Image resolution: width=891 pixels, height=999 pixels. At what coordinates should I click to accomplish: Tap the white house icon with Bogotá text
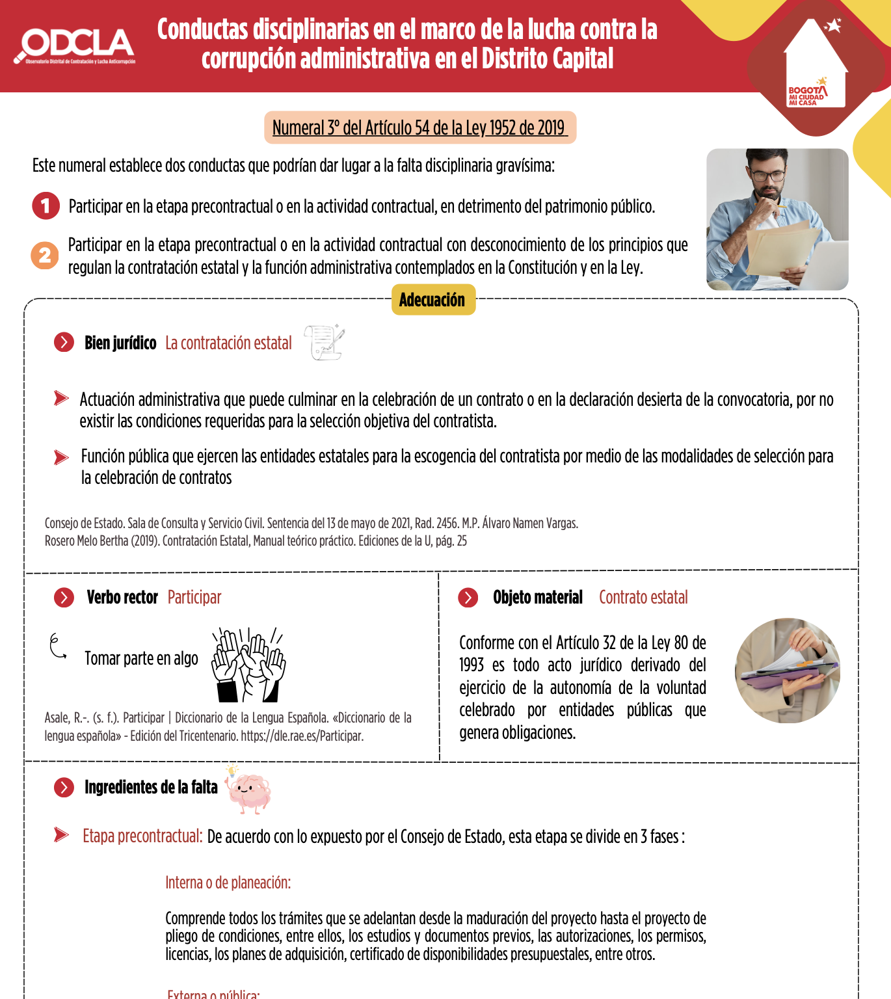[x=815, y=65]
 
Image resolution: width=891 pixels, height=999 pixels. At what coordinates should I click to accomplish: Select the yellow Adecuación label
[x=432, y=300]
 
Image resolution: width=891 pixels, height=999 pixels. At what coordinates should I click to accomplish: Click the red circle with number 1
[x=46, y=206]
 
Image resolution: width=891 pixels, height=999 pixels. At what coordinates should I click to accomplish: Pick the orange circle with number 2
[x=45, y=255]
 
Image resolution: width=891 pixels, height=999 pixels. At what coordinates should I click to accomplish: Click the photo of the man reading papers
[x=777, y=219]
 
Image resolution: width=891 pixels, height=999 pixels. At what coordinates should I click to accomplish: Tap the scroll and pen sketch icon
[x=325, y=342]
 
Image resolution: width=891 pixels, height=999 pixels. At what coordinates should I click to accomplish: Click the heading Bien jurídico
[x=120, y=343]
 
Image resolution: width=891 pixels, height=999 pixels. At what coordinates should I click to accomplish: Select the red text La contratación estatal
[x=228, y=343]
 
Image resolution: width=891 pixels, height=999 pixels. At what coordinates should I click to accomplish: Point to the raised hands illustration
[x=248, y=664]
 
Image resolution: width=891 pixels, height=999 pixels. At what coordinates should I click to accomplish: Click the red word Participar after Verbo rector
[x=194, y=597]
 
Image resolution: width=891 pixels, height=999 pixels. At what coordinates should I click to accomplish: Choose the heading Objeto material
[x=537, y=597]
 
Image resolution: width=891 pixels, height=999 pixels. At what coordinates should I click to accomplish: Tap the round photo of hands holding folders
[x=787, y=670]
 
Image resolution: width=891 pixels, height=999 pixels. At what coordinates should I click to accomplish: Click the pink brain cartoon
[x=249, y=790]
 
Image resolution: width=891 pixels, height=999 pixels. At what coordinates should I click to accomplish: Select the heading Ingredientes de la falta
[x=151, y=787]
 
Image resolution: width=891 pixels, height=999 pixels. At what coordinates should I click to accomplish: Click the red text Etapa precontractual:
[x=142, y=836]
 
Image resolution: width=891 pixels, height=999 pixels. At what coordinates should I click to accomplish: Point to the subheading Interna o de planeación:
[x=228, y=883]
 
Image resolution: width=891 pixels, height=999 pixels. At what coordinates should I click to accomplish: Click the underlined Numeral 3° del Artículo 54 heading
[x=419, y=127]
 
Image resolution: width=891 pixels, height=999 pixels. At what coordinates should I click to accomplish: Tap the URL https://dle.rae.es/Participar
[x=302, y=736]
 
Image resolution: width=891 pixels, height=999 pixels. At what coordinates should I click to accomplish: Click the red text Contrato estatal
[x=643, y=597]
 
